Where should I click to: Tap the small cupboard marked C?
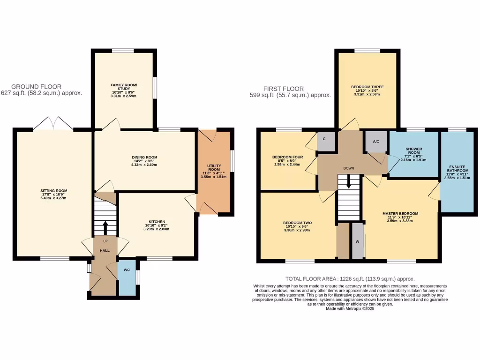326,140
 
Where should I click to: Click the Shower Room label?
413,151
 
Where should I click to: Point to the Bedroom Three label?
367,87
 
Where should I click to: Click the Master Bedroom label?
400,213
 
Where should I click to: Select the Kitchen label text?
157,222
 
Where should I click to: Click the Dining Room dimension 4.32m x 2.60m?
144,165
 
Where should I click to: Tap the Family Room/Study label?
124,87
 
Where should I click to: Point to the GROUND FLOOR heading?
36,86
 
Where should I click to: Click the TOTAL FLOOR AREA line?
350,278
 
